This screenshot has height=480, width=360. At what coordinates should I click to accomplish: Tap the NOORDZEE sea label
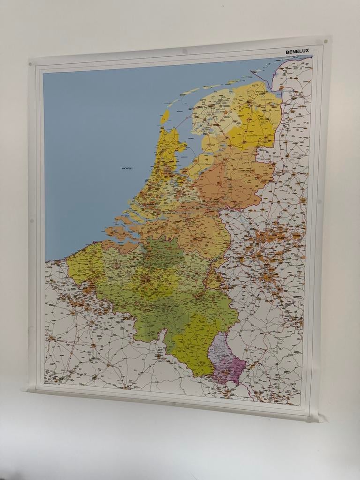(x=127, y=168)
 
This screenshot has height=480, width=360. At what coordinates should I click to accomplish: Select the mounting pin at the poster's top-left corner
(x=31, y=62)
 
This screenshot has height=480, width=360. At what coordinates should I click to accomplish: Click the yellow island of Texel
(x=165, y=116)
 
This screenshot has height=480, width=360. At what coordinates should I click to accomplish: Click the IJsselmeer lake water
(x=190, y=150)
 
